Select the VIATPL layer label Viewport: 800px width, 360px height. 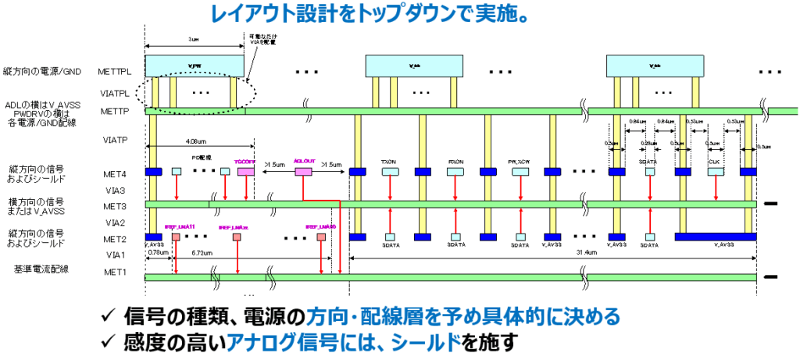[114, 92]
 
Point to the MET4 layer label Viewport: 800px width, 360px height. [114, 171]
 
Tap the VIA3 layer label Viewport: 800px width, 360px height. [114, 189]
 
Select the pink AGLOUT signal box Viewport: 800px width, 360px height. [303, 171]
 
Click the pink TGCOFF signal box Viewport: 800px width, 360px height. [246, 171]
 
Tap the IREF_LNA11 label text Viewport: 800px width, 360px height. [178, 226]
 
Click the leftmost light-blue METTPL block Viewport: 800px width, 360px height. [195, 66]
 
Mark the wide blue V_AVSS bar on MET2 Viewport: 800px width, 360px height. [715, 236]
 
